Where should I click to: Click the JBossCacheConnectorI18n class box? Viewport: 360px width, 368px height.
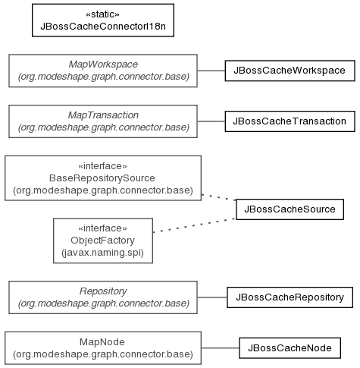click(x=103, y=20)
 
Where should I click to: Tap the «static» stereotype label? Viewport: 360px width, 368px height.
click(x=102, y=14)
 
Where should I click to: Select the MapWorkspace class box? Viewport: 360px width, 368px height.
click(x=103, y=71)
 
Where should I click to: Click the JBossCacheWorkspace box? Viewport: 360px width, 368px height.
click(x=290, y=71)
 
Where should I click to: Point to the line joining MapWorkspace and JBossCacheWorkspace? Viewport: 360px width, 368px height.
click(x=211, y=71)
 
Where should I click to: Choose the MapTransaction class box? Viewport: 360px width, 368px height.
click(x=103, y=121)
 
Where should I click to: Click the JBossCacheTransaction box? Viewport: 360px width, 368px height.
click(x=290, y=121)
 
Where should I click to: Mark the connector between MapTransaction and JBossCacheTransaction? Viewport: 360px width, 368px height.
click(x=211, y=121)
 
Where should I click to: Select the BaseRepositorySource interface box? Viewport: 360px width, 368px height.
click(x=103, y=178)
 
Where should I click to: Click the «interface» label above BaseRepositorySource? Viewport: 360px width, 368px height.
click(x=102, y=166)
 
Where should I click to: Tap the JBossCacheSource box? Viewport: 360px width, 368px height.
click(x=290, y=209)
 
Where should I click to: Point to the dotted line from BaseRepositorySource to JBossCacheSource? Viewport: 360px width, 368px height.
click(x=219, y=197)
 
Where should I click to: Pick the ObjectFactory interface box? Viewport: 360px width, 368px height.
click(x=103, y=241)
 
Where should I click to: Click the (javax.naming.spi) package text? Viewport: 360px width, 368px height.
click(x=102, y=253)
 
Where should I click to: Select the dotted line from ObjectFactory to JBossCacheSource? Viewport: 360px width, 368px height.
click(x=195, y=225)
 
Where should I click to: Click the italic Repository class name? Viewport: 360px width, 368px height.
click(x=103, y=291)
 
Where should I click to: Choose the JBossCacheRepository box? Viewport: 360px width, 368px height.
click(x=290, y=297)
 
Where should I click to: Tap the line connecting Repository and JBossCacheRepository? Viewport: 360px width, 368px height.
click(x=212, y=297)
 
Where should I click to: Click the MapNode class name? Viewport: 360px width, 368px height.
click(x=102, y=342)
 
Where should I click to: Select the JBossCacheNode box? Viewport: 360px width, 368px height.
click(x=290, y=348)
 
